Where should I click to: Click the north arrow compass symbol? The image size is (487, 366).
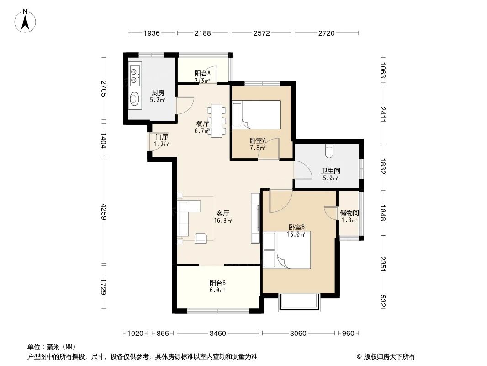[26, 20]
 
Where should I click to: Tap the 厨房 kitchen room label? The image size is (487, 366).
[158, 92]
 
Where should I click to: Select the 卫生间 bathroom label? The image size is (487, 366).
[330, 171]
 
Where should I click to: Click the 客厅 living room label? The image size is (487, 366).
[222, 213]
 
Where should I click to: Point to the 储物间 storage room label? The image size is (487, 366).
[349, 213]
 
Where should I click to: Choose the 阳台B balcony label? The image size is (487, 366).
[217, 283]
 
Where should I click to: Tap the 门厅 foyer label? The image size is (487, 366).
[161, 137]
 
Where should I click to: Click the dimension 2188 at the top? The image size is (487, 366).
[202, 33]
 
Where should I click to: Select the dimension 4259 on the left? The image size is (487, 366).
[104, 212]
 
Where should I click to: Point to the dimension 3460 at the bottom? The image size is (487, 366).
[218, 333]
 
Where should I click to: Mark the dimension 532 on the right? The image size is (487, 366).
[382, 301]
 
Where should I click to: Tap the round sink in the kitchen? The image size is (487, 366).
[134, 98]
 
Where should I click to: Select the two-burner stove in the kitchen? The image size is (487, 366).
[134, 75]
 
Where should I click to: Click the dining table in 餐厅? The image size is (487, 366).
[216, 120]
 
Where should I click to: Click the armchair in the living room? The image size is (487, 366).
[201, 238]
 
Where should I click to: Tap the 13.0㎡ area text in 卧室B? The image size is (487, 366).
[296, 235]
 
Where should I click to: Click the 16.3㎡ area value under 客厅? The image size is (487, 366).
[222, 221]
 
